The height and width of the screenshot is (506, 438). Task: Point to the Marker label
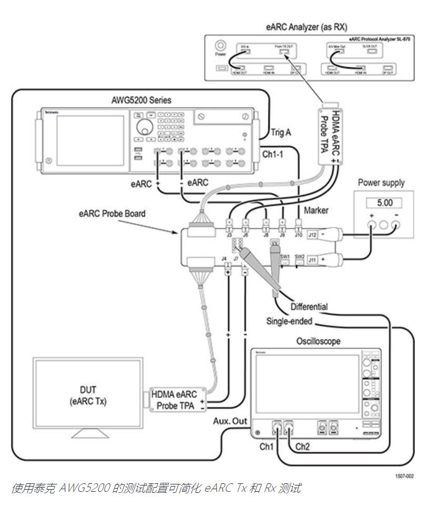click(x=317, y=210)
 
